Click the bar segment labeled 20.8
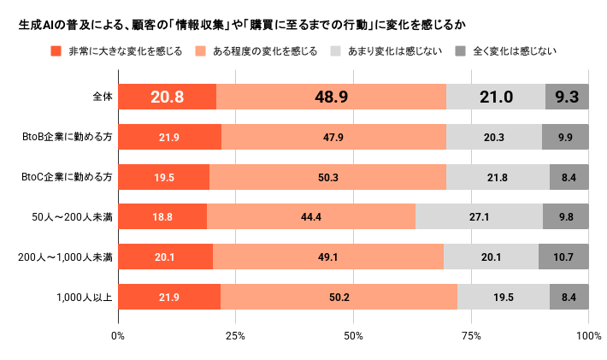tap(167, 97)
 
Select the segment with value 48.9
tap(331, 97)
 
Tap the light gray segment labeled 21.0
tap(496, 97)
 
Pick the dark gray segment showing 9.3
tap(567, 97)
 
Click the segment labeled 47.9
tap(333, 137)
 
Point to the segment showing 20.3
tap(494, 137)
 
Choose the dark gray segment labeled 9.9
tap(565, 137)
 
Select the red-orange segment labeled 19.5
tap(163, 177)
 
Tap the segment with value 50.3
tap(327, 177)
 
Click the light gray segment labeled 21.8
tap(498, 177)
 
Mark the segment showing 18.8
tap(162, 216)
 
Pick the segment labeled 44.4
tap(311, 216)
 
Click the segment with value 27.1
tap(479, 216)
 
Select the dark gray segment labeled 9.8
tap(566, 216)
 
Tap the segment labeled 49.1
tap(328, 257)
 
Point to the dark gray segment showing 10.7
tap(563, 257)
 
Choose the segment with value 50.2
tap(339, 297)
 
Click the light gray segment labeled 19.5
tap(504, 297)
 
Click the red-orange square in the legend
tap(56, 51)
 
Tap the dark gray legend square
tap(461, 51)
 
